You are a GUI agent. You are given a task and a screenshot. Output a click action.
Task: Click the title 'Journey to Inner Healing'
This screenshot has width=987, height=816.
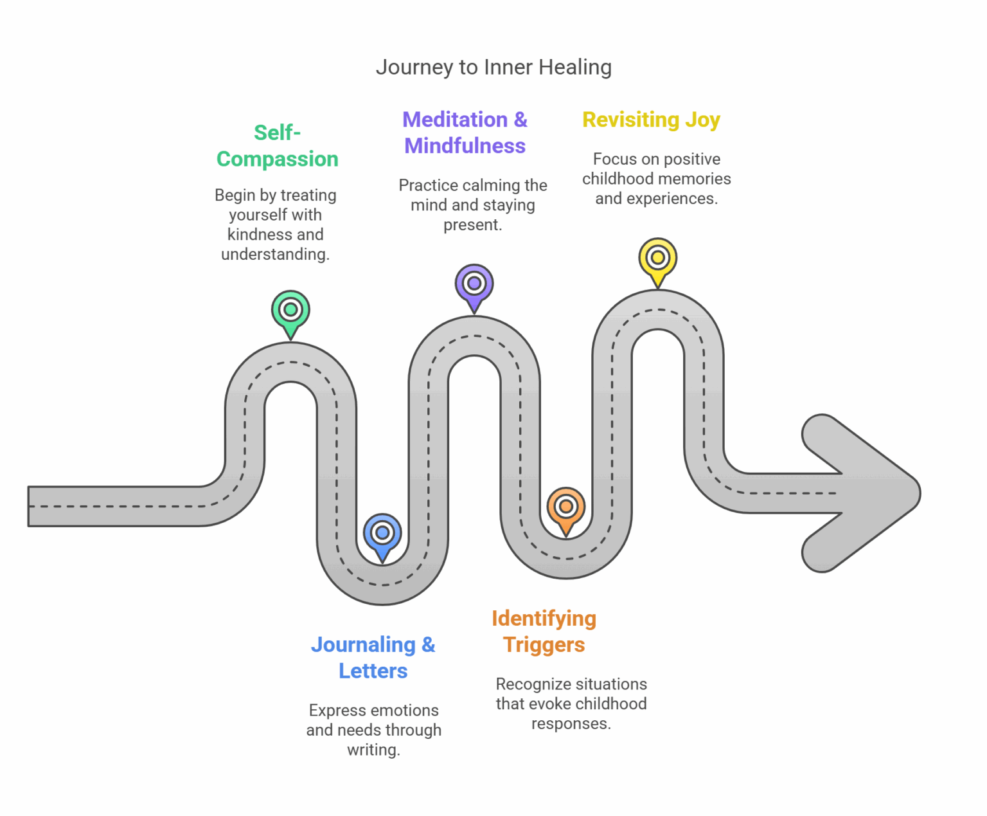tap(493, 67)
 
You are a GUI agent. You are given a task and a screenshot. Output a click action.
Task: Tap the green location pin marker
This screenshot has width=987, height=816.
tap(290, 311)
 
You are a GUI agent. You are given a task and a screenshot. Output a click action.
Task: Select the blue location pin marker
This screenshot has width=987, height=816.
tap(382, 534)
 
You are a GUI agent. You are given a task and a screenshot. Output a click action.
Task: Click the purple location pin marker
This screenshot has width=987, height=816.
tap(474, 284)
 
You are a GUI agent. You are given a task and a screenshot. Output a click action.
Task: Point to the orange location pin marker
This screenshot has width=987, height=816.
tap(566, 507)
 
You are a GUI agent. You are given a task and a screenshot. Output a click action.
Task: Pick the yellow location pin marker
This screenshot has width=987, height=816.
tap(657, 258)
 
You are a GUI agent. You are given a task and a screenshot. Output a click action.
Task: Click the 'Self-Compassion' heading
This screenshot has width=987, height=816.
tap(277, 146)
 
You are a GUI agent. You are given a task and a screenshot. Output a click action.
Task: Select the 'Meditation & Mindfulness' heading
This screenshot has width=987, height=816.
tap(465, 132)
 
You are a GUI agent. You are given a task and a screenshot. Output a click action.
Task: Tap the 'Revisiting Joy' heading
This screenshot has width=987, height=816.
tap(651, 120)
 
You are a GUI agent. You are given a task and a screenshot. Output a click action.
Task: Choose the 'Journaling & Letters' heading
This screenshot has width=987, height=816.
tap(373, 657)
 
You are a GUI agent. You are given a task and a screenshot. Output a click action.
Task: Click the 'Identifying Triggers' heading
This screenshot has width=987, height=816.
tap(544, 631)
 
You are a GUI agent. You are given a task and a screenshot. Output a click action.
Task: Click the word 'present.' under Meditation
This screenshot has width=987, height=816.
tap(472, 225)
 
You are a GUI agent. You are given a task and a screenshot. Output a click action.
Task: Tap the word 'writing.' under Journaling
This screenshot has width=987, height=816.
tap(373, 750)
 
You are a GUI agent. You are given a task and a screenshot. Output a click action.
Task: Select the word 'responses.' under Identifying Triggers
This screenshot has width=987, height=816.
tap(571, 723)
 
